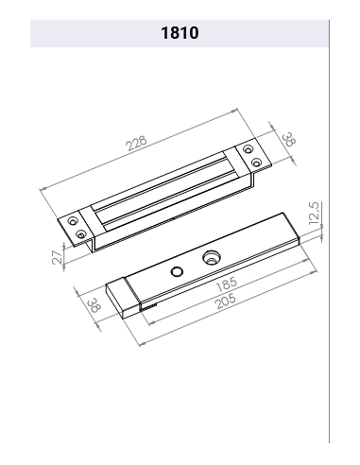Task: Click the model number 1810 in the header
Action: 180,33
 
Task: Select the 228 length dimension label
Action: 137,144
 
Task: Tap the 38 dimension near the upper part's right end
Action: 289,140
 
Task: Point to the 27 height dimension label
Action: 58,257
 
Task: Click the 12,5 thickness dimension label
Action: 315,214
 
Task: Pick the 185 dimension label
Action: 227,284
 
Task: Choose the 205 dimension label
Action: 225,301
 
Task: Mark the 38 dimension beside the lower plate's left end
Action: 94,304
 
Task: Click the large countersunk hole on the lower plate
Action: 211,257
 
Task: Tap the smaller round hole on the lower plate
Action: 177,271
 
